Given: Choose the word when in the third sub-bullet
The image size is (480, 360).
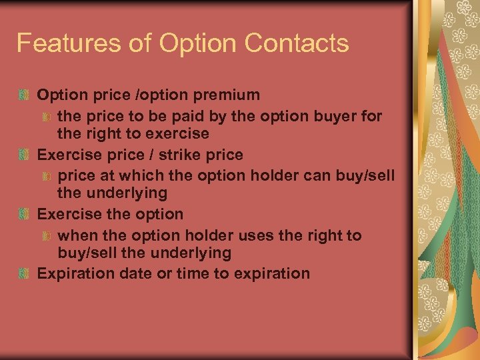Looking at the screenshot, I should click(x=76, y=235).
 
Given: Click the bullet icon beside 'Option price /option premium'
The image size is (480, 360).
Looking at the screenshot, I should click(x=24, y=96).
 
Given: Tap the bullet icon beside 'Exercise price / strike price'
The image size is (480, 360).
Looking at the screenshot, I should click(x=24, y=155).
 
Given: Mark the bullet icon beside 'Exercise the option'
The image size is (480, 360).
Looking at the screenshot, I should click(x=24, y=215).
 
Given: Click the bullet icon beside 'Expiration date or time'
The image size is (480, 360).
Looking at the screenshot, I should click(x=24, y=274).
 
